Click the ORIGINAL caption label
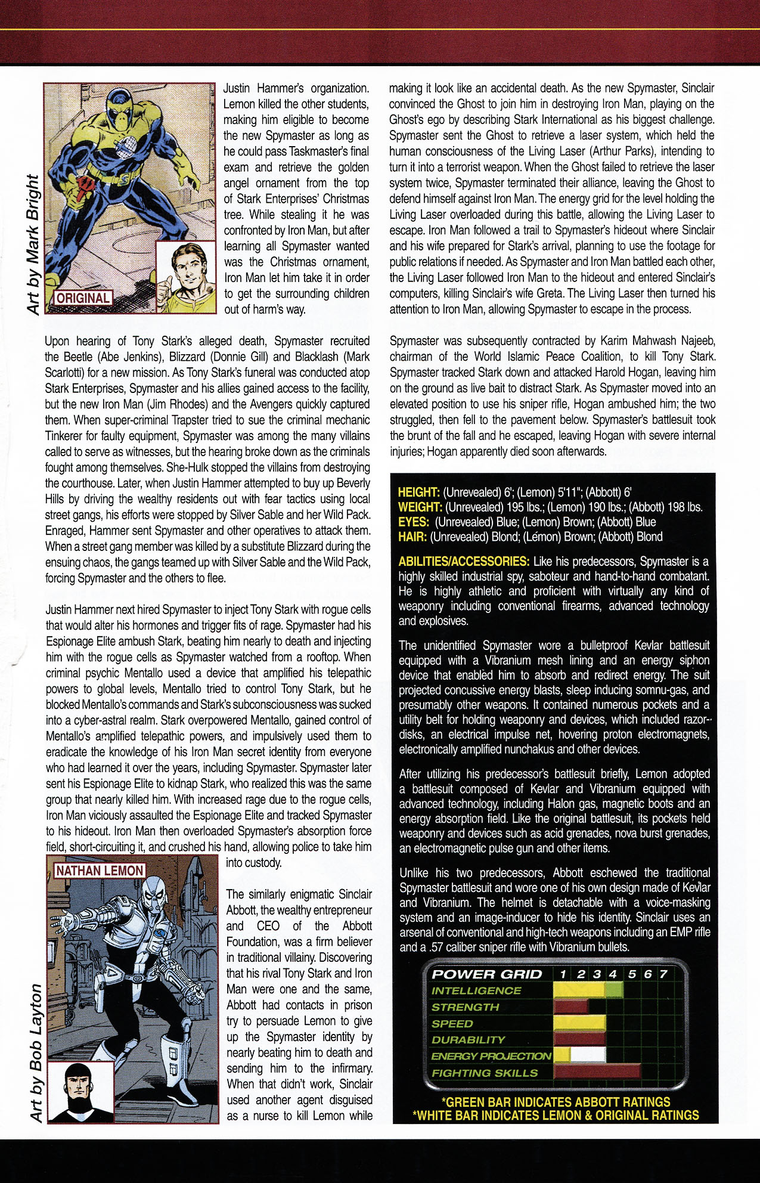83,298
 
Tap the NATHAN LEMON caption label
100,871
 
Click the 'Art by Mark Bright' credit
33,244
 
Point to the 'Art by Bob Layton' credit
36,1052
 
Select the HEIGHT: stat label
418,493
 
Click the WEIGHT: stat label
420,507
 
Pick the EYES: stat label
414,522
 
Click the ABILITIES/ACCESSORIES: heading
464,561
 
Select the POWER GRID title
486,974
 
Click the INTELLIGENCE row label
476,991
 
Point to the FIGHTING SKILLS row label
485,1073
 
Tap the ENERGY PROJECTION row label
491,1056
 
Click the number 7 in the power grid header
663,974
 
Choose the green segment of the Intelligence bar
614,990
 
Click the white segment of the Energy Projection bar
588,1055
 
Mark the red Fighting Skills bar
597,1071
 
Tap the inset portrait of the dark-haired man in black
80,1091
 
